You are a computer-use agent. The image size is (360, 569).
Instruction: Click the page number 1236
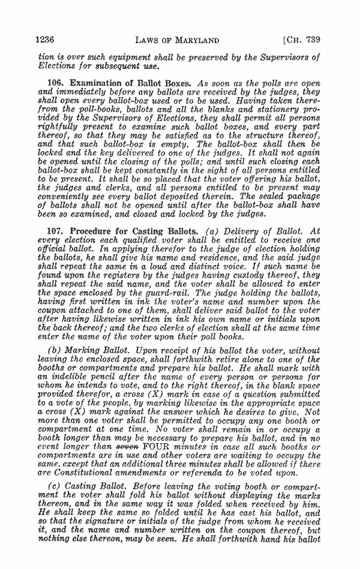pyautogui.click(x=46, y=40)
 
